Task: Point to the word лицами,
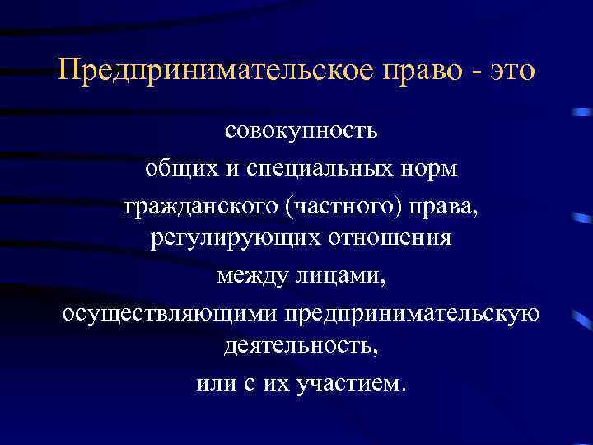pos(343,276)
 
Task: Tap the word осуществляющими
pos(170,313)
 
